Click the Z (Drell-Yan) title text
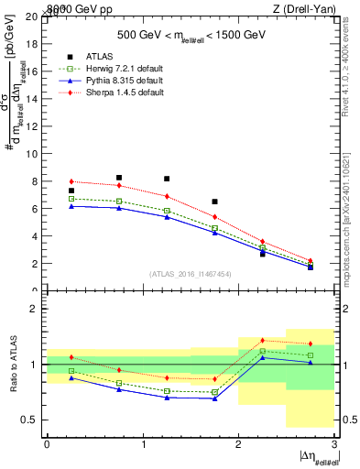308,8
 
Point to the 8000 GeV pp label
72,8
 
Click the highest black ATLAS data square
119,178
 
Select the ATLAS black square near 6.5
214,202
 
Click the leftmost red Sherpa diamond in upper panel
71,181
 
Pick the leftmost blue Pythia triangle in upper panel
71,206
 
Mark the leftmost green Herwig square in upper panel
71,199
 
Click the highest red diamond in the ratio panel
262,340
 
